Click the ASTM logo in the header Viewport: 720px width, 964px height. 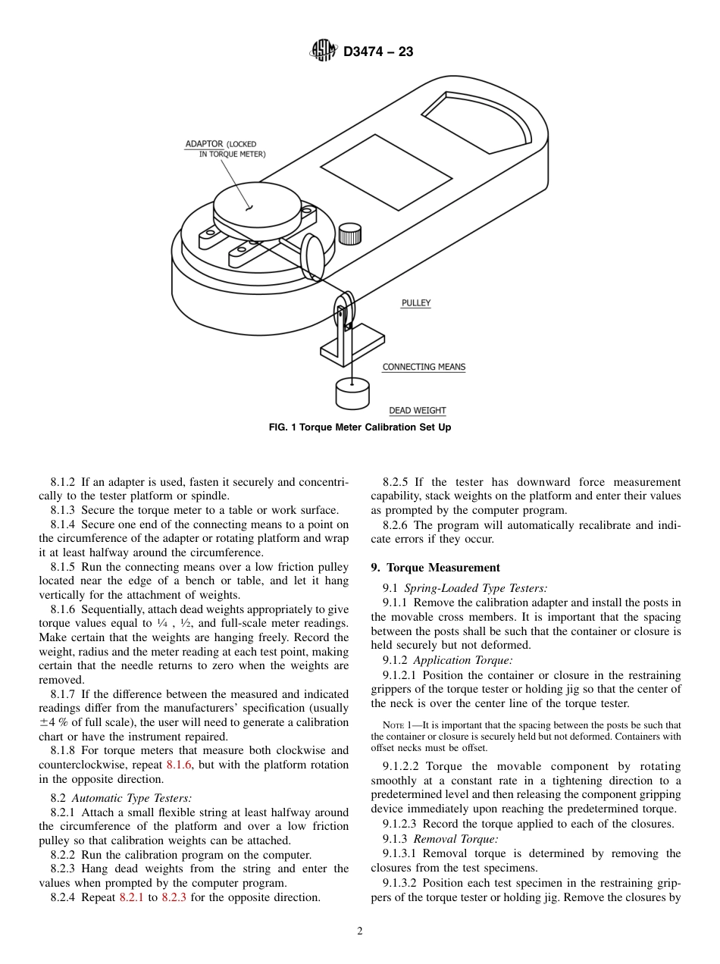tap(324, 52)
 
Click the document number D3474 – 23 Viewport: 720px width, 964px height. tap(378, 52)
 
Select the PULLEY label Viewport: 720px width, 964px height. tap(415, 303)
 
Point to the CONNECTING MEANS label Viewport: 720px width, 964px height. tap(424, 367)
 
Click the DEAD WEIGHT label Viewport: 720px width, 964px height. tap(417, 411)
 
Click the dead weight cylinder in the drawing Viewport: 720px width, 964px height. tap(352, 394)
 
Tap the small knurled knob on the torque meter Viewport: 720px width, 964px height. tap(349, 233)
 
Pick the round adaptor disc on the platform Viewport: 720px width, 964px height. tap(251, 205)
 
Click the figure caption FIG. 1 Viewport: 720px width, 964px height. tap(360, 427)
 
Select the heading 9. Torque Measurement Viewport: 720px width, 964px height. tap(435, 568)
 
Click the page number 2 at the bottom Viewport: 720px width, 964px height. tap(360, 931)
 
